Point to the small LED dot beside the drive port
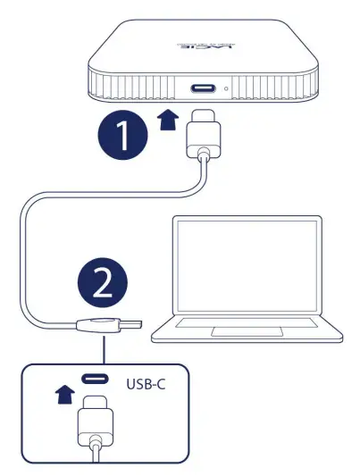click(227, 89)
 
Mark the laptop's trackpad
click(238, 331)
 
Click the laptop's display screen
click(247, 267)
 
